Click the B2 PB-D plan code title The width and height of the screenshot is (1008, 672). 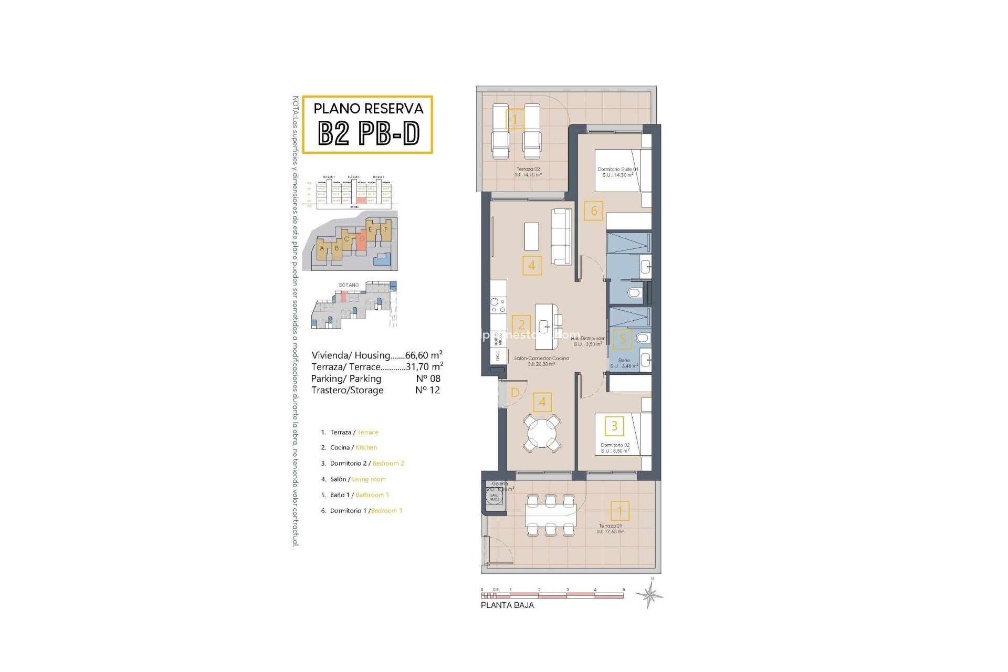click(369, 133)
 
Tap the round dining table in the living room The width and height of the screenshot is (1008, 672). click(542, 433)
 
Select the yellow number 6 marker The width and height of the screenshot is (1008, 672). click(594, 211)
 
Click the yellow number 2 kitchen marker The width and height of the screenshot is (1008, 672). click(521, 324)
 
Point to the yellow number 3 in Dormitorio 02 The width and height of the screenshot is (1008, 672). click(614, 426)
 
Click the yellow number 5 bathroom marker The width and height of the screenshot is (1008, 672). click(623, 339)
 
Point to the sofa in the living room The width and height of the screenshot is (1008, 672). click(561, 237)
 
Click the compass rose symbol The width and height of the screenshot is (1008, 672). click(649, 595)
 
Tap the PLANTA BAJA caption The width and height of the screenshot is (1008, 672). click(507, 605)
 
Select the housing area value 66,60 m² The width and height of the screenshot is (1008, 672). click(424, 355)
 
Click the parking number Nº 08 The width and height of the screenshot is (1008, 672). click(428, 379)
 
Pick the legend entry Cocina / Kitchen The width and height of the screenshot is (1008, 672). click(353, 448)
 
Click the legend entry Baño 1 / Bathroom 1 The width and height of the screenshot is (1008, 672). click(359, 495)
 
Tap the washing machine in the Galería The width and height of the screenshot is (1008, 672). click(494, 497)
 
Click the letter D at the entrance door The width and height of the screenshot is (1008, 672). click(515, 393)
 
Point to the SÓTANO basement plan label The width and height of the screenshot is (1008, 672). click(349, 285)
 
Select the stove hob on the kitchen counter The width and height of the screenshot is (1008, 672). click(498, 306)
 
